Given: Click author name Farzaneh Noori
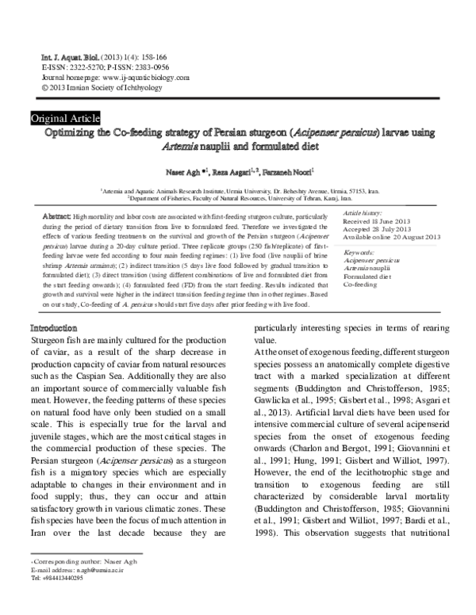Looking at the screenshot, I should click(273, 170).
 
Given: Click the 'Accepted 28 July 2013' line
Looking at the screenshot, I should click(378, 231).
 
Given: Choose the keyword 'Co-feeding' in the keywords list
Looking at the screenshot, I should click(361, 283).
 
